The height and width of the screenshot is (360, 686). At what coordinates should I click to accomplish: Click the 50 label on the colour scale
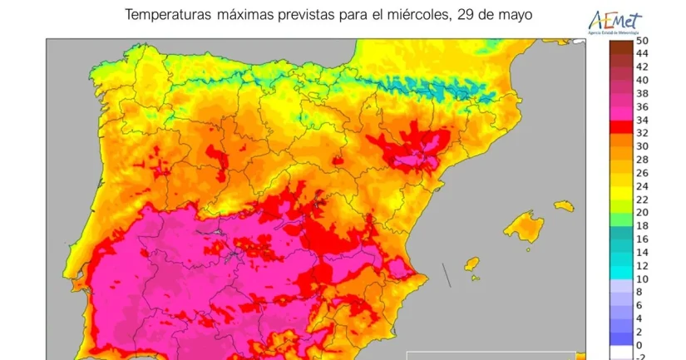click(x=642, y=40)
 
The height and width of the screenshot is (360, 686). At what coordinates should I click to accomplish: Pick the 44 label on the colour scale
click(x=642, y=53)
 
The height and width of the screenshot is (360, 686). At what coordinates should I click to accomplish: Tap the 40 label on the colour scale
click(x=642, y=80)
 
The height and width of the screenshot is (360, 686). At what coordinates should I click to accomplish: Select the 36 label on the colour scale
click(x=642, y=106)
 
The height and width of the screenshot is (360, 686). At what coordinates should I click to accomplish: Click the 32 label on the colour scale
click(x=642, y=133)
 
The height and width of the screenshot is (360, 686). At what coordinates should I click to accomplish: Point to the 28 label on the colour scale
click(x=642, y=160)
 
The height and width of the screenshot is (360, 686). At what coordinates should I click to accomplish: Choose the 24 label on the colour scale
click(x=642, y=186)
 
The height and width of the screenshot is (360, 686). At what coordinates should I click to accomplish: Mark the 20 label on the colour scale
click(x=642, y=213)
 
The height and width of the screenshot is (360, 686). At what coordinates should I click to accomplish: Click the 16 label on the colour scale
click(x=642, y=239)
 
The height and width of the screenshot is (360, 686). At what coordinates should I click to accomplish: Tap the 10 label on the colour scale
click(x=642, y=279)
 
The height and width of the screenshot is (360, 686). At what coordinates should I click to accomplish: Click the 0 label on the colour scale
click(x=639, y=345)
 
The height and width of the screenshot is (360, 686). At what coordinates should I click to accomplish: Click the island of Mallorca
click(x=522, y=226)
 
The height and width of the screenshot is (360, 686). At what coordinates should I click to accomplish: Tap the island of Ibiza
click(x=471, y=265)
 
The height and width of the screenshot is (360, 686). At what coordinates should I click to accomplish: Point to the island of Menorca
click(x=565, y=205)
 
